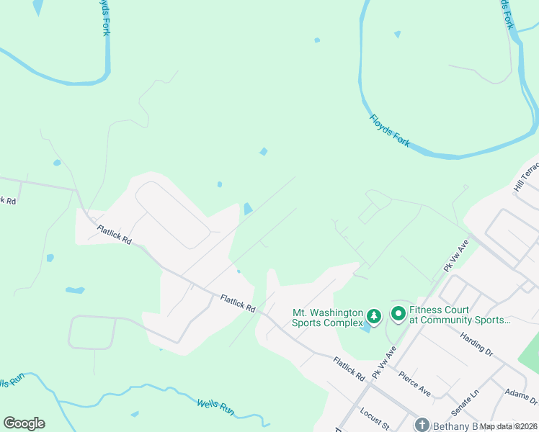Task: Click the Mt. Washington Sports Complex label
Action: coord(328,318)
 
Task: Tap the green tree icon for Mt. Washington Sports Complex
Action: coord(374,316)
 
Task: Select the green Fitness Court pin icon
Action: coord(398,314)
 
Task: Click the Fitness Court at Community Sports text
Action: coord(460,315)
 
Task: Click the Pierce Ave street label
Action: coord(414,384)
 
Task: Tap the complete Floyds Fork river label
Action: coord(390,131)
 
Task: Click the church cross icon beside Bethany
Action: coord(422,426)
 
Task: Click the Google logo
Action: coord(24,423)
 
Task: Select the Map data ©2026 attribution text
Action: coord(509,426)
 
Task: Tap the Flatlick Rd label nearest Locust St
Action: coord(349,368)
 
